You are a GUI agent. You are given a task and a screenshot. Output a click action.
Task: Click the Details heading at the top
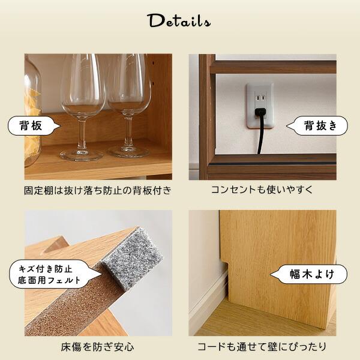click(179, 21)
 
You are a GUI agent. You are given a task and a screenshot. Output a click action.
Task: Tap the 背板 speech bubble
click(33, 125)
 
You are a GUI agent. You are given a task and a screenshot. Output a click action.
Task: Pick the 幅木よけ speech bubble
click(309, 274)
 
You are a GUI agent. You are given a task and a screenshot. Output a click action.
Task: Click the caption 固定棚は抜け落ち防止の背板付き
click(98, 191)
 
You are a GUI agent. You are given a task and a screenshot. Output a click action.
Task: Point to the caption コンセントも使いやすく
click(262, 190)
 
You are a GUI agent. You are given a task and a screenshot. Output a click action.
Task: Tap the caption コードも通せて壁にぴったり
click(262, 347)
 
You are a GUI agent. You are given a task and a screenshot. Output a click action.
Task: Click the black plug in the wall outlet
click(260, 112)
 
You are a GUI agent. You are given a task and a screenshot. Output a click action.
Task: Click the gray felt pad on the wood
click(133, 259)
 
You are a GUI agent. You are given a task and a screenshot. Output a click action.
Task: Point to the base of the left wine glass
click(82, 155)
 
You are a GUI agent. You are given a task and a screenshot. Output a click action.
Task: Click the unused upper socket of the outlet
click(260, 98)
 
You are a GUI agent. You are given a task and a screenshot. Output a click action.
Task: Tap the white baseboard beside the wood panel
click(208, 298)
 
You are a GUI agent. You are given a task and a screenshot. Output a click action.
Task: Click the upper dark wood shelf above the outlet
click(273, 67)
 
